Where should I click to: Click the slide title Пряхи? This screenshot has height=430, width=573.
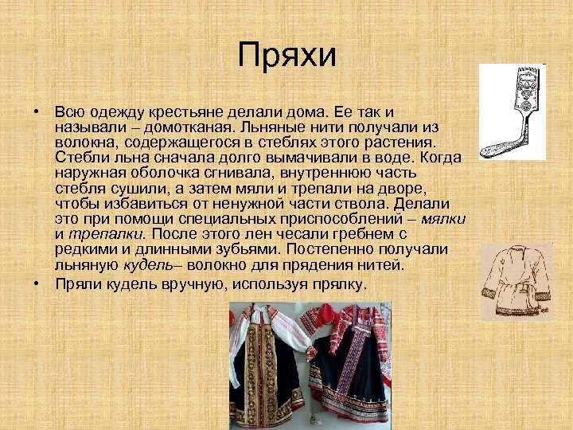click(x=287, y=55)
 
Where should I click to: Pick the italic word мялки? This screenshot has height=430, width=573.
click(x=443, y=217)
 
